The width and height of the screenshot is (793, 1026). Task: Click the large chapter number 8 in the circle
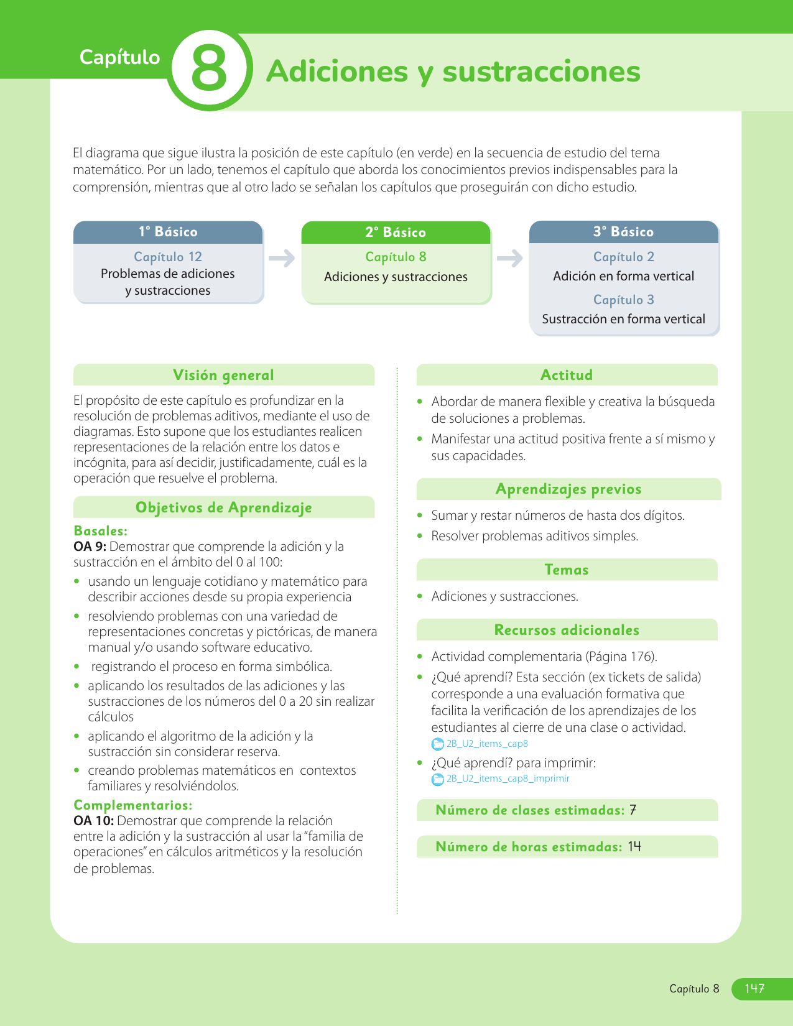[209, 69]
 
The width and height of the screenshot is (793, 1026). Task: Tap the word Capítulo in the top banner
[120, 57]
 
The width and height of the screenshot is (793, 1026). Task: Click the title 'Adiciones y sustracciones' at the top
[453, 72]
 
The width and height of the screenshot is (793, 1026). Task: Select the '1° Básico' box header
[168, 232]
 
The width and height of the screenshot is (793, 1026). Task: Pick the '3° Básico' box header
[623, 232]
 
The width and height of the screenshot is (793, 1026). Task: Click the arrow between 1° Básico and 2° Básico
[282, 258]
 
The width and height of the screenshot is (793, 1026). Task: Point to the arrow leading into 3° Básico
[510, 258]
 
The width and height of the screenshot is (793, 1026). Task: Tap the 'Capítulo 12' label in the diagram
[168, 257]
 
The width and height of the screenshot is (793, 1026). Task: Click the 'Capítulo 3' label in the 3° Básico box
[623, 300]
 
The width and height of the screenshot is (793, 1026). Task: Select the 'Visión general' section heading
[223, 375]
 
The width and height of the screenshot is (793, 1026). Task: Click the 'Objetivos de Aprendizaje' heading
[223, 507]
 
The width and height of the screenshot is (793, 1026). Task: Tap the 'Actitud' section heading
[567, 375]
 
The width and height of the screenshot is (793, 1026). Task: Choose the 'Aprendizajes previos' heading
[568, 489]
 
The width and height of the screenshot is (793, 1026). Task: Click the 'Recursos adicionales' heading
[567, 630]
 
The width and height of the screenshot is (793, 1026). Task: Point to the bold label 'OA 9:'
[90, 547]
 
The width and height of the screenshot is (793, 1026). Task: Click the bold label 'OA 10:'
[93, 821]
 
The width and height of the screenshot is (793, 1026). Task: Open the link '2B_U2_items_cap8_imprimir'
[508, 779]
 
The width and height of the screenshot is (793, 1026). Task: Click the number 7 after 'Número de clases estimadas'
[633, 810]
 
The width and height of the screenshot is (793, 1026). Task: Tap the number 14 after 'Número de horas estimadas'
[634, 847]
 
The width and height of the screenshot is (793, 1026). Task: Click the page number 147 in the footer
[754, 989]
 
